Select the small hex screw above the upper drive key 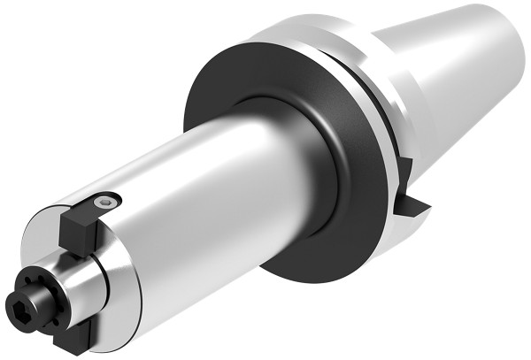[106, 204]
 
